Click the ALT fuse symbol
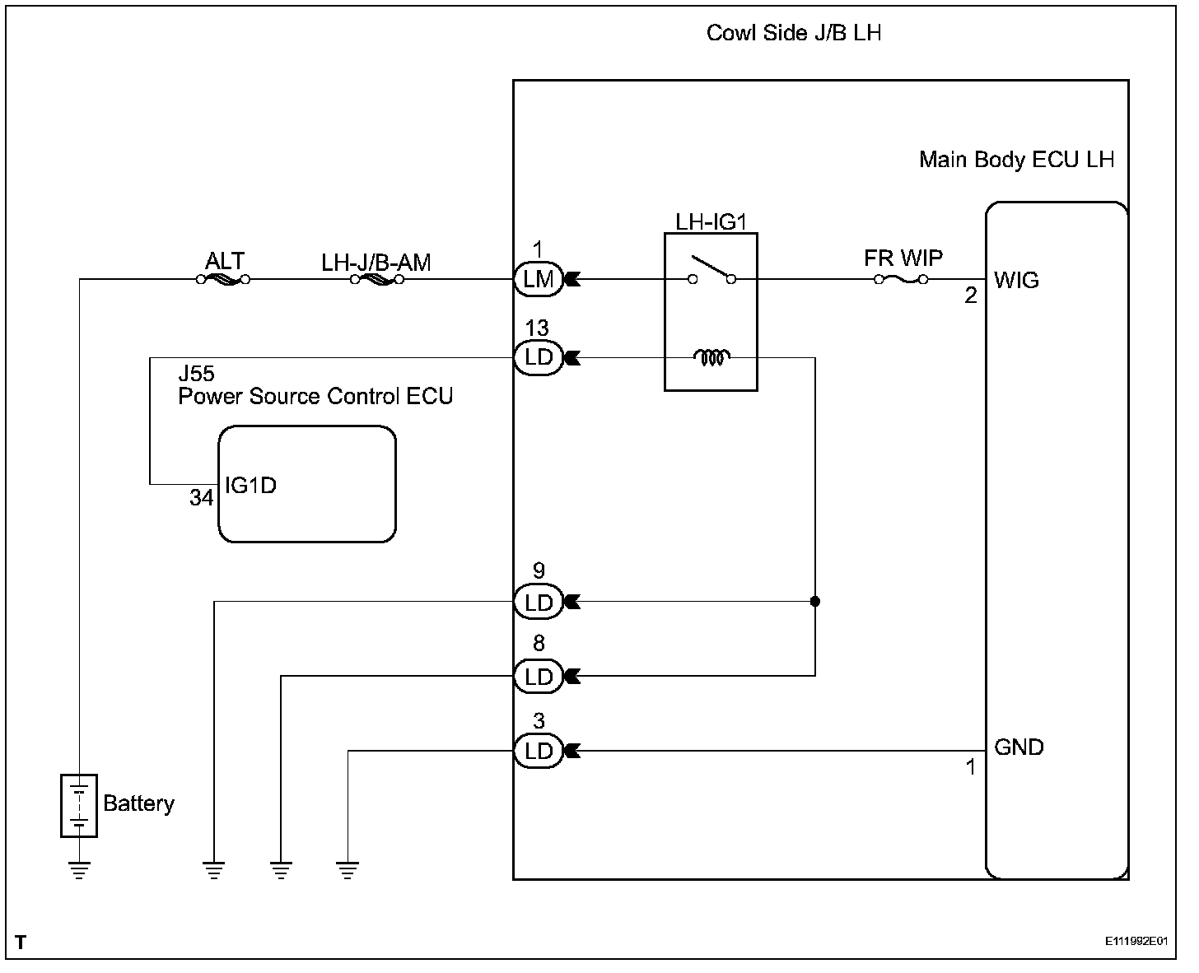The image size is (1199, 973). point(223,280)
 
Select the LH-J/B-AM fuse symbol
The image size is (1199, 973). point(376,280)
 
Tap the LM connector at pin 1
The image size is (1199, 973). point(539,279)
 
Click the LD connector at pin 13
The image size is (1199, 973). point(539,358)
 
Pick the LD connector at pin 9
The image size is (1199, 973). point(539,602)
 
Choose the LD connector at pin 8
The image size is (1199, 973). point(539,676)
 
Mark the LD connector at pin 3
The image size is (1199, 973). point(539,751)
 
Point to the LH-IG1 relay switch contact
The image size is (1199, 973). point(711,272)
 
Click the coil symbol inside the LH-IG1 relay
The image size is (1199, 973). point(711,358)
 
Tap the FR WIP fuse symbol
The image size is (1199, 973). point(901,280)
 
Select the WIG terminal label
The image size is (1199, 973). point(1016,281)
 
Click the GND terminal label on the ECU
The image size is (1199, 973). point(1019,747)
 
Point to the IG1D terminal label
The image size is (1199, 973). point(250,486)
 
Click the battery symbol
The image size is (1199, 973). point(79,805)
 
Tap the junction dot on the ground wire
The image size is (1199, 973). point(815,602)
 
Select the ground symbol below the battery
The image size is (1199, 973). point(79,869)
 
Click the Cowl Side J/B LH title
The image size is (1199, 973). point(794,34)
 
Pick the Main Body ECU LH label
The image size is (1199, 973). point(1016,160)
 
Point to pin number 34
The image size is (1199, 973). point(201,498)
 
